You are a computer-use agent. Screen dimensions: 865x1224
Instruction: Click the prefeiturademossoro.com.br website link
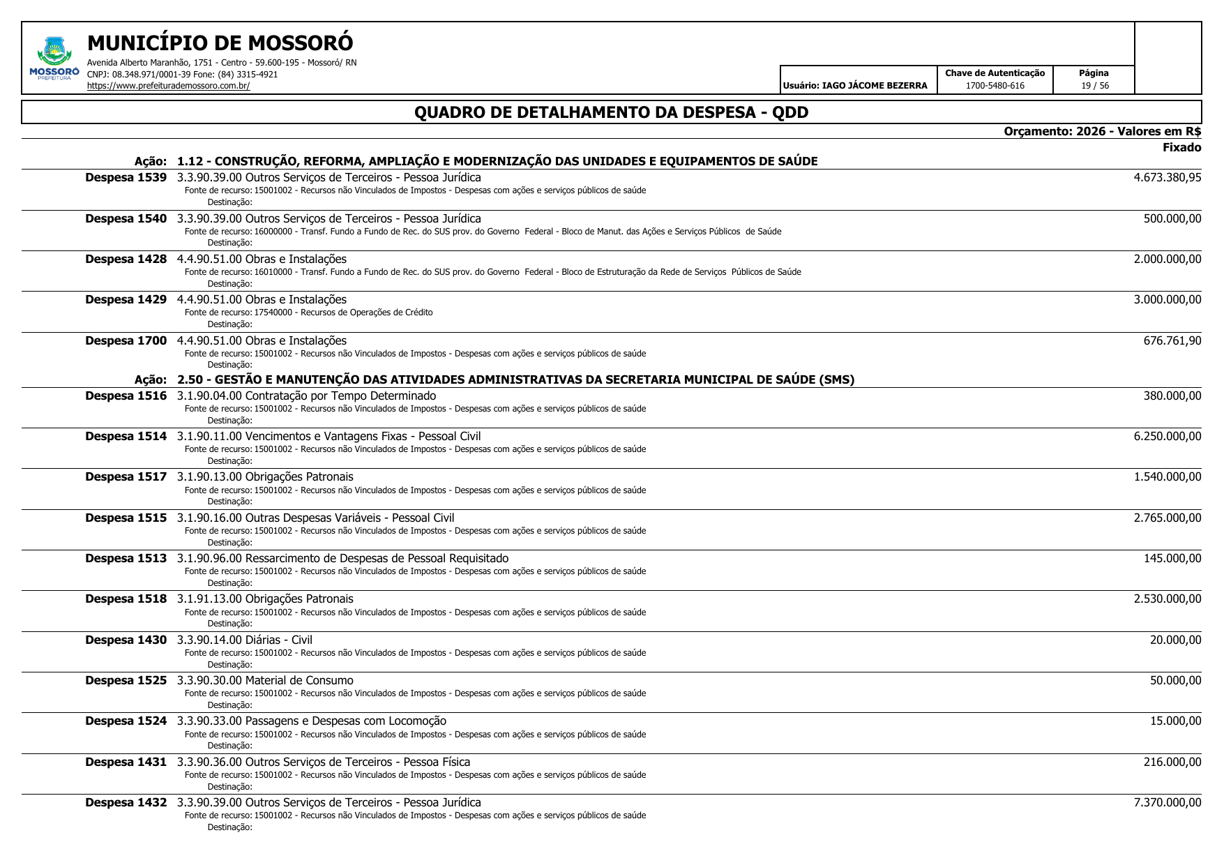tap(168, 86)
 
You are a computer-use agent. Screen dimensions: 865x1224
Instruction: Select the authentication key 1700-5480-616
tap(995, 86)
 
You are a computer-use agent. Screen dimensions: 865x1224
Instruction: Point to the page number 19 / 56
tap(1094, 86)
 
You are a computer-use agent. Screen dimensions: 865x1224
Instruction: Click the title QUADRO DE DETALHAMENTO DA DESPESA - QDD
tap(611, 112)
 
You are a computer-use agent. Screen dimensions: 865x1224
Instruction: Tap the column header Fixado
tap(1181, 147)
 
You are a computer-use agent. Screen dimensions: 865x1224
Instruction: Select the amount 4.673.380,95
tap(1167, 177)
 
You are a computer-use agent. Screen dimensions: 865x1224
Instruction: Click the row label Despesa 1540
tap(126, 218)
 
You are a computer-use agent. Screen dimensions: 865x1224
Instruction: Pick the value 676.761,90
tap(1172, 340)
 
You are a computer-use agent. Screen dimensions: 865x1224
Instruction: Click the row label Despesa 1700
tap(126, 340)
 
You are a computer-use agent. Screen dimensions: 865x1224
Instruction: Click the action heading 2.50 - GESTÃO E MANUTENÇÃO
tap(515, 379)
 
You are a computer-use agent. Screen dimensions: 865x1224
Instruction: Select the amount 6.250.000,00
tap(1167, 436)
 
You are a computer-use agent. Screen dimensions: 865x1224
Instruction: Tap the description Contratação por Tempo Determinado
tap(340, 396)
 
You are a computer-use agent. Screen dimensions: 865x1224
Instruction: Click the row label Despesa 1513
tap(126, 558)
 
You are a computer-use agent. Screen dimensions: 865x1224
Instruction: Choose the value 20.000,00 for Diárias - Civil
tap(1175, 640)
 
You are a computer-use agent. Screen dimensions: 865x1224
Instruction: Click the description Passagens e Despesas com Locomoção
tap(345, 721)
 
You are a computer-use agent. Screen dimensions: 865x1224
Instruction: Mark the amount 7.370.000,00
tap(1167, 802)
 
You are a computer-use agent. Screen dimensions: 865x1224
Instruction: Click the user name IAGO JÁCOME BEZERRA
tap(875, 86)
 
